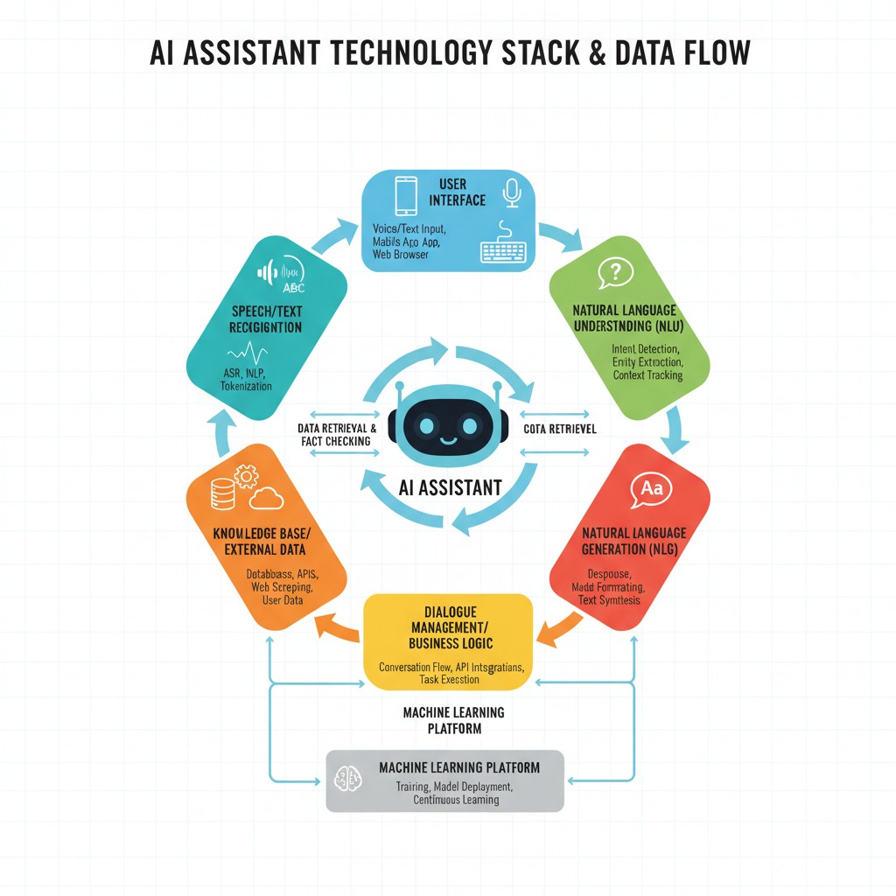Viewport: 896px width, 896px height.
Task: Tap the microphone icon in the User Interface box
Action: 512,192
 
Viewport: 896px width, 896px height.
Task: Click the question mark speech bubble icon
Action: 615,273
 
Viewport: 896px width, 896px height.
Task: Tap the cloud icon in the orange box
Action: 266,499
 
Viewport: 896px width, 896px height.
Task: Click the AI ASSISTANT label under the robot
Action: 450,487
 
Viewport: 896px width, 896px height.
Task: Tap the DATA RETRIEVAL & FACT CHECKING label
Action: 337,435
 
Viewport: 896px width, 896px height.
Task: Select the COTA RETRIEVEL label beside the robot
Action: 560,429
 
